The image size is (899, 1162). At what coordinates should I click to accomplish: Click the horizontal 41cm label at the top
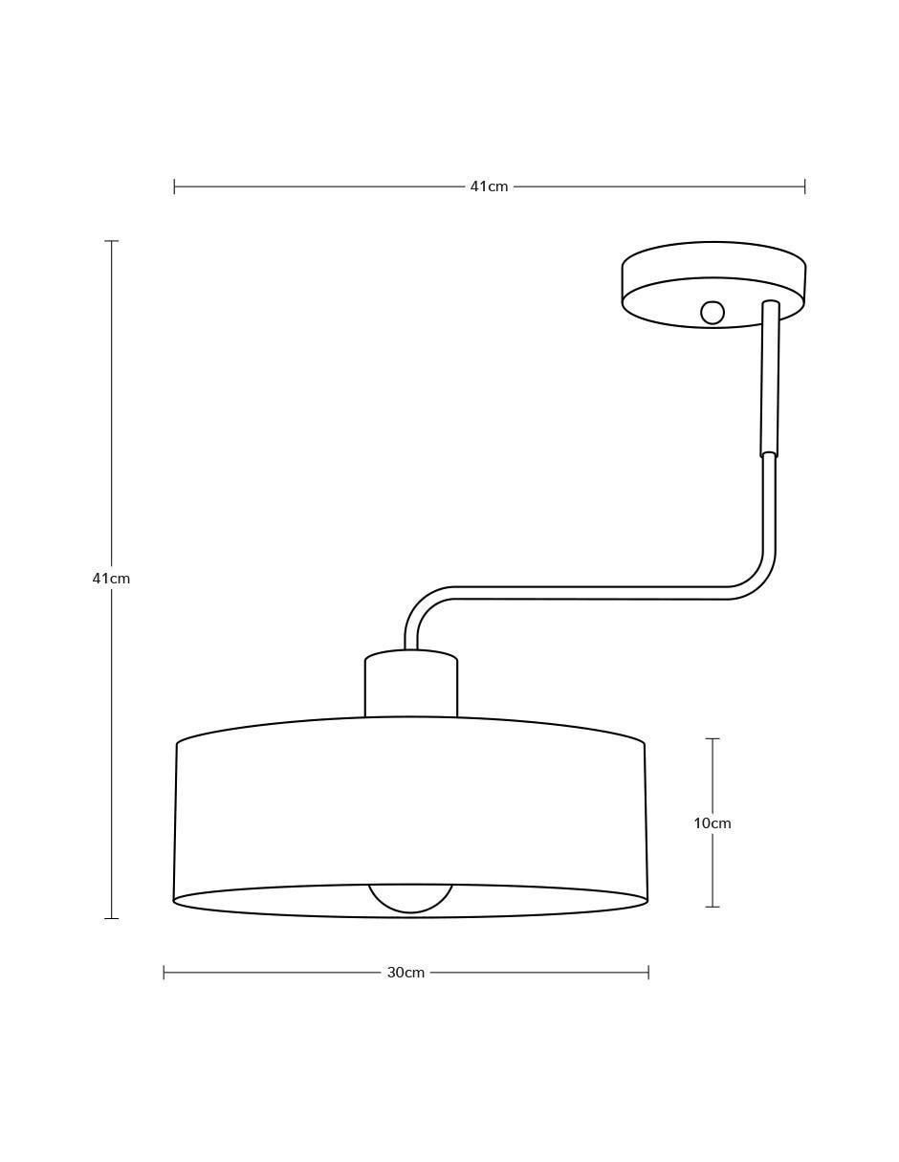(489, 186)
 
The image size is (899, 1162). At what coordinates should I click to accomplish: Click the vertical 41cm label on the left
(111, 578)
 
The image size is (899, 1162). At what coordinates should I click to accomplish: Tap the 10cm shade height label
(712, 823)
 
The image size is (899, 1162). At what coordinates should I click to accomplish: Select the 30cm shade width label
(406, 973)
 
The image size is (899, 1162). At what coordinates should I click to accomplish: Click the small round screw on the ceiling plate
(712, 313)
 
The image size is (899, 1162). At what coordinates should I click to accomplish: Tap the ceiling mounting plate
(713, 284)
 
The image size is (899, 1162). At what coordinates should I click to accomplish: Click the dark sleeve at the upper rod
(770, 379)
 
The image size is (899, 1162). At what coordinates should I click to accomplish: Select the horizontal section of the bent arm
(591, 593)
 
